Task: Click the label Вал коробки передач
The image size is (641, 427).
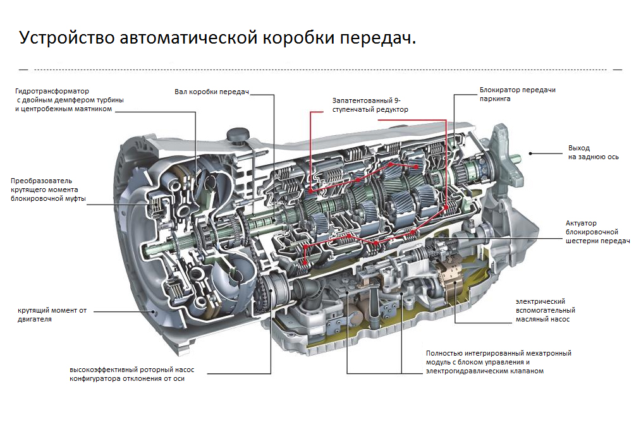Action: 212,92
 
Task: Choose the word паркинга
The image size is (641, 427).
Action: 495,99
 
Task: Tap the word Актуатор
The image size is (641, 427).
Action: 582,223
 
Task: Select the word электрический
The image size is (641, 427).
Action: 540,301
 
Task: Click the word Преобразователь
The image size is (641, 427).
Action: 42,180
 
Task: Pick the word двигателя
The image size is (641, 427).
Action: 35,319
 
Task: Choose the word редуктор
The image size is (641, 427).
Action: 393,109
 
